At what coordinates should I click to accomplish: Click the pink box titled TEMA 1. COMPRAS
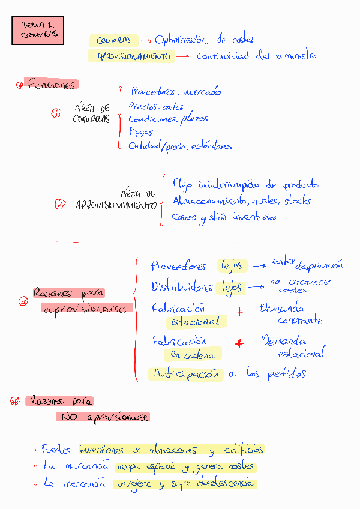coord(37,30)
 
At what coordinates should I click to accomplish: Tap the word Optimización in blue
coord(181,40)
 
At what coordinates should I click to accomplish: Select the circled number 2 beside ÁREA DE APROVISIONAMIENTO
coord(59,205)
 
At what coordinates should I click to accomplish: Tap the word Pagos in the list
coord(140,132)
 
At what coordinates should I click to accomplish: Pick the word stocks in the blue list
coord(298,200)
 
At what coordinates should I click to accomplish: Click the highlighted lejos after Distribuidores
coord(232,288)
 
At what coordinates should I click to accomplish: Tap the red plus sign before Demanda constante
coord(240,312)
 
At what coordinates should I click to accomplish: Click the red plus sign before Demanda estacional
coord(239,344)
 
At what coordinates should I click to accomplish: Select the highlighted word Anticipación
coord(186,374)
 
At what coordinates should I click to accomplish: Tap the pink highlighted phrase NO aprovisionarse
coord(103,417)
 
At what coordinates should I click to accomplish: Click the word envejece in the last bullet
coord(134,484)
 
